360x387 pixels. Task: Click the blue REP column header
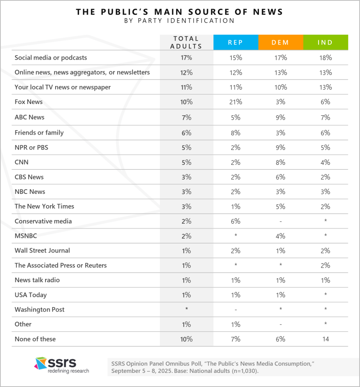tap(236, 42)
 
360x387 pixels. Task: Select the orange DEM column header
tap(281, 42)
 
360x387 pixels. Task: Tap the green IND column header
tap(325, 42)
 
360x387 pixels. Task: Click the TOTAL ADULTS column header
tap(186, 42)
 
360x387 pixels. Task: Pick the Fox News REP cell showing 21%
tap(236, 102)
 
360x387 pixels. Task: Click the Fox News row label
tap(29, 102)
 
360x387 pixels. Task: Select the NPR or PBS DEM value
tap(281, 148)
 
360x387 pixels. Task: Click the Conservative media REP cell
tap(236, 221)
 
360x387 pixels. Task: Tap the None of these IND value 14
tap(325, 339)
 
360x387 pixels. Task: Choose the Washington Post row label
tap(39, 310)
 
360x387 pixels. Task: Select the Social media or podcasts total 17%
tap(186, 58)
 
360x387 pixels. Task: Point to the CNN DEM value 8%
tap(281, 162)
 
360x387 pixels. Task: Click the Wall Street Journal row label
tap(42, 250)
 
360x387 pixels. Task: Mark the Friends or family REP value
tap(236, 133)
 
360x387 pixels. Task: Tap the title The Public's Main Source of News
tap(180, 12)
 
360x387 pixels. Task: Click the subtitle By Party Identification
tap(180, 21)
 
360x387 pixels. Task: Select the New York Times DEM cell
tap(281, 206)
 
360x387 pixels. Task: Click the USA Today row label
tap(31, 295)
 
